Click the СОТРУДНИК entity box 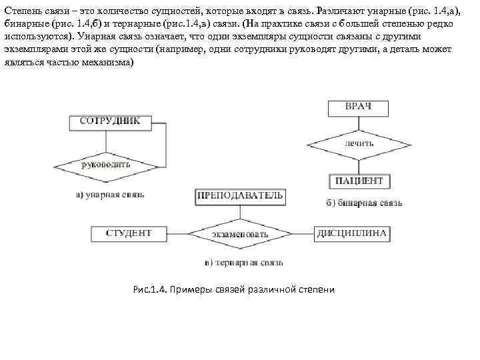tap(110, 121)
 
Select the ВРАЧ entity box tap(358, 107)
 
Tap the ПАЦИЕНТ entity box tap(359, 181)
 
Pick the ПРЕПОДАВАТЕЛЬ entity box tap(240, 195)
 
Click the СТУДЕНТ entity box tap(129, 234)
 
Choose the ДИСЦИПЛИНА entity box tap(352, 234)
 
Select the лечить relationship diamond tap(359, 143)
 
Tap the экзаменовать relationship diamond tap(240, 235)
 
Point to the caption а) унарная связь tap(110, 195)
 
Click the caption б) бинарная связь tap(364, 203)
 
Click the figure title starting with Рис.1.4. tap(233, 289)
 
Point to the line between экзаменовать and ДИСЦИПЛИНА tap(303, 234)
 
